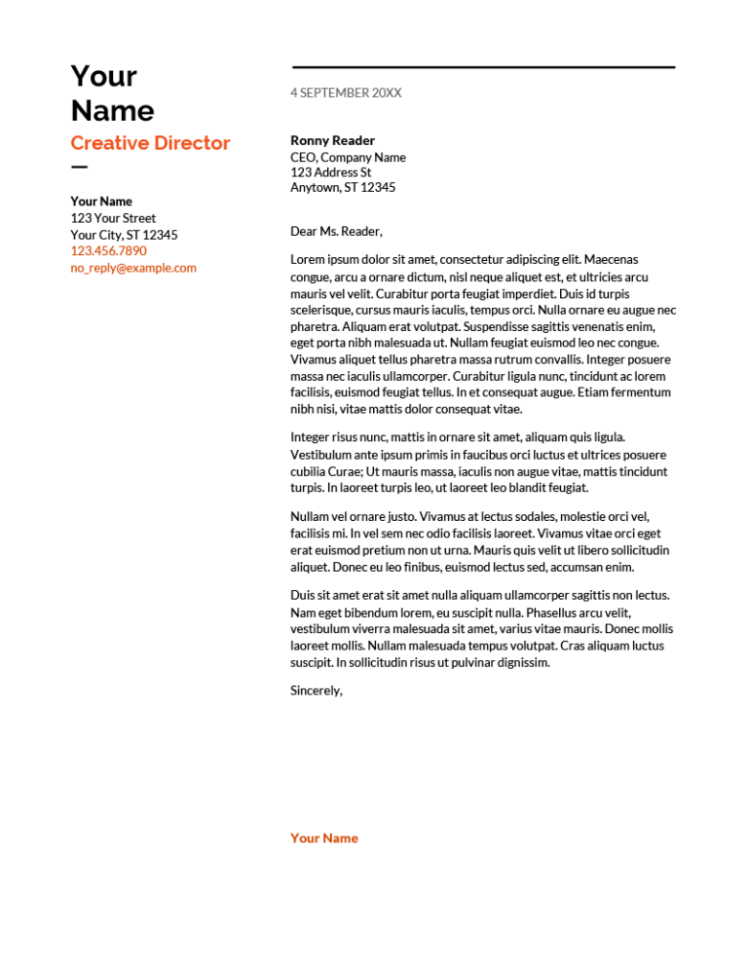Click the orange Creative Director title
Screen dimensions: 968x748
150,143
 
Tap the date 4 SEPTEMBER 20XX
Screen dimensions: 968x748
345,93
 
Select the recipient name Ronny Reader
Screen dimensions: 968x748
332,140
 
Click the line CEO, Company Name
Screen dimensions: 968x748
348,157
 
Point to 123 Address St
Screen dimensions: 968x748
330,172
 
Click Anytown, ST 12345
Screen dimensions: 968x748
343,187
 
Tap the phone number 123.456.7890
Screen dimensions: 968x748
108,250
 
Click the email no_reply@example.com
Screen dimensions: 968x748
133,268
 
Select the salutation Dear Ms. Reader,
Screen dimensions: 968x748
336,232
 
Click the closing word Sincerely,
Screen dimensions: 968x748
317,690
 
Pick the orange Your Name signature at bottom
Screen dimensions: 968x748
324,838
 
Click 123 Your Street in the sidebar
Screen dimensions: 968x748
113,218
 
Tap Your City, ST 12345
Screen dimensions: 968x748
124,235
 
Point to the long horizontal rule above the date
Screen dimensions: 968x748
483,67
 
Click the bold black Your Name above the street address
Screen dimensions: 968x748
101,202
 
